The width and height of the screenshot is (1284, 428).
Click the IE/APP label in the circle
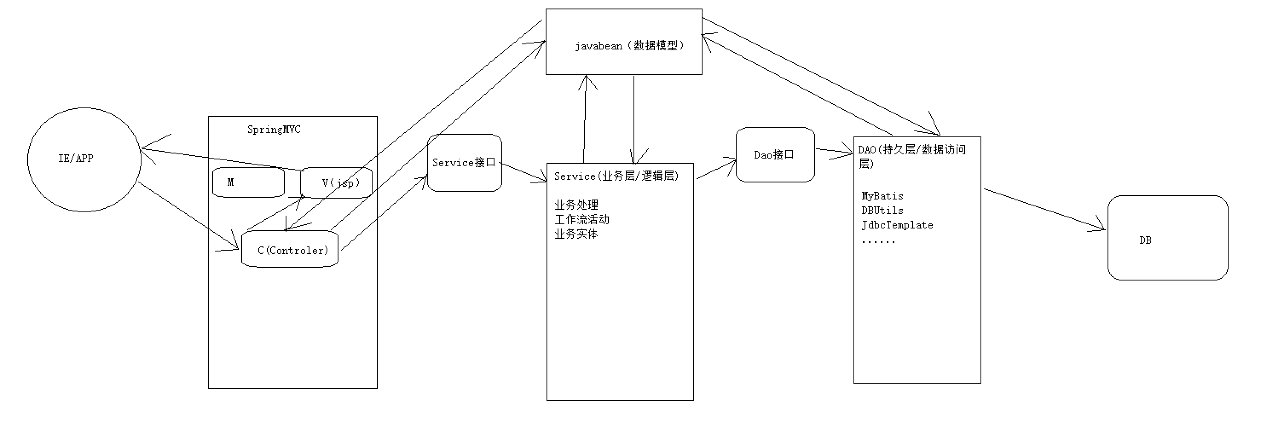(x=76, y=159)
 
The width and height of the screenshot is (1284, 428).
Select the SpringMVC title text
(x=274, y=130)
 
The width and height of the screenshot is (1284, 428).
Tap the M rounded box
(x=248, y=182)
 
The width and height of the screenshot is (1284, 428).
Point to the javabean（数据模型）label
(x=629, y=46)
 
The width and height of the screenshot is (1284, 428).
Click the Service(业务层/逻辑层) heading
(x=616, y=176)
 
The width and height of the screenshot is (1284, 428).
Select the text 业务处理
(x=576, y=205)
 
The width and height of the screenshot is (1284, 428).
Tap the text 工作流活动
(x=582, y=219)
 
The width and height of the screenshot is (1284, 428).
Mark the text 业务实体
(x=576, y=234)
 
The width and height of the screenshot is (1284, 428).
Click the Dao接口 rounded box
(x=775, y=155)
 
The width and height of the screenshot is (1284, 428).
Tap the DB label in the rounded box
(x=1145, y=240)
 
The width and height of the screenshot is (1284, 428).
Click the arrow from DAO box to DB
(x=1044, y=210)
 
